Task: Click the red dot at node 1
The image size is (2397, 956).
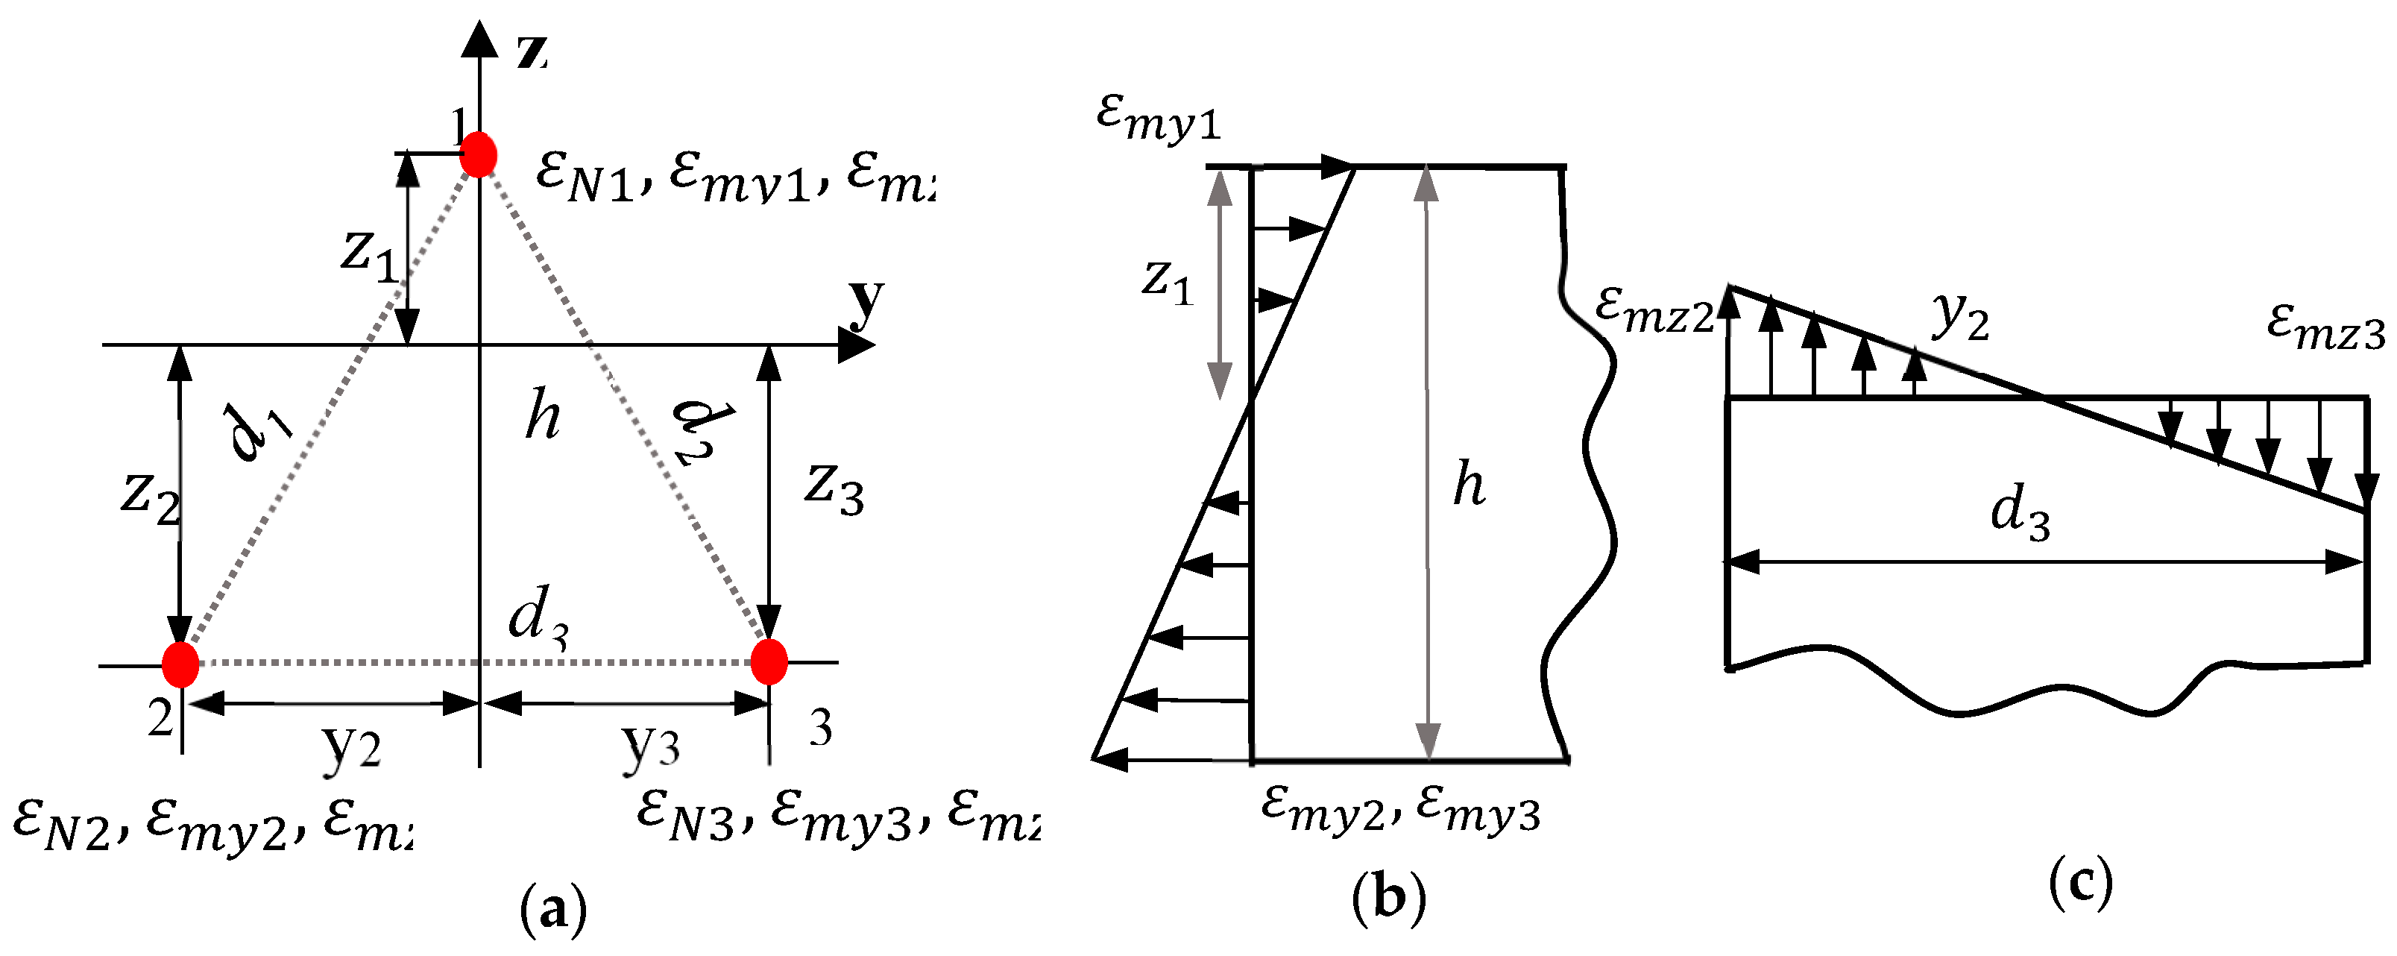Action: click(479, 154)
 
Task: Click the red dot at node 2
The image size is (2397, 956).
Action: click(180, 664)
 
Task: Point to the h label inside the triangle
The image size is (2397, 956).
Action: click(543, 415)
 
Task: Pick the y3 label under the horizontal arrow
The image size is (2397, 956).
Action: click(650, 746)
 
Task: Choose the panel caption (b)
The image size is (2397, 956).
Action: click(1388, 899)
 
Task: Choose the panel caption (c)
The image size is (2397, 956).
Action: click(2081, 884)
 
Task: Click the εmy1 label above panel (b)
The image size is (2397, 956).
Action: click(1158, 119)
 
